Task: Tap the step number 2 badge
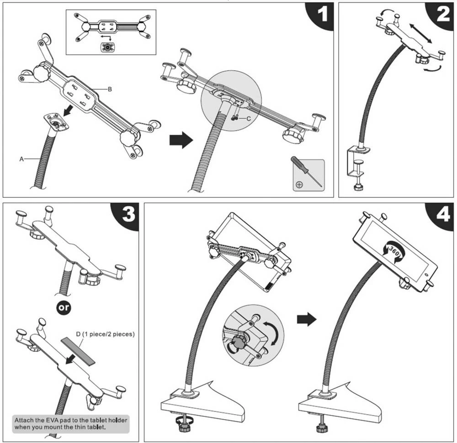pyautogui.click(x=443, y=16)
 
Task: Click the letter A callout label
pyautogui.click(x=21, y=159)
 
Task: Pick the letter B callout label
pyautogui.click(x=110, y=90)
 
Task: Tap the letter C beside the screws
pyautogui.click(x=249, y=119)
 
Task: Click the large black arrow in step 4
pyautogui.click(x=306, y=319)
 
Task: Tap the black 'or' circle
pyautogui.click(x=64, y=308)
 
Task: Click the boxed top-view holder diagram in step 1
pyautogui.click(x=111, y=32)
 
